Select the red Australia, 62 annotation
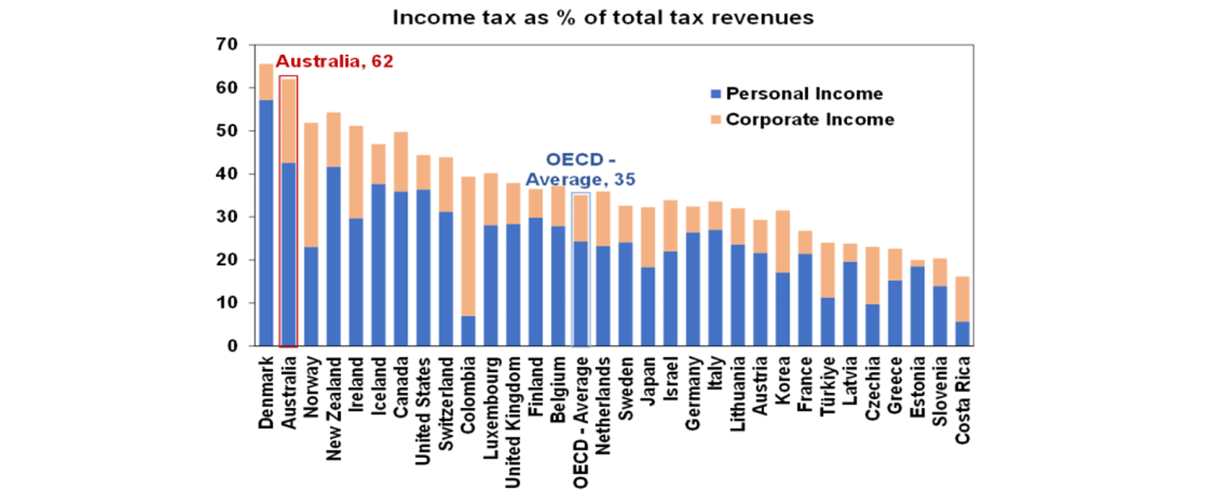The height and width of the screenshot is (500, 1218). (x=334, y=62)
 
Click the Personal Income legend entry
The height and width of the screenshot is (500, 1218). (x=803, y=94)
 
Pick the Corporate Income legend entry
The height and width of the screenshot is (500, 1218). (x=809, y=120)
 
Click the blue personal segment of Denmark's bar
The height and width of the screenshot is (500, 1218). (x=266, y=222)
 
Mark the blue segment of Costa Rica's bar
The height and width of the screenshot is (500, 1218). (x=963, y=334)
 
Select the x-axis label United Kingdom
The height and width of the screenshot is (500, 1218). (x=514, y=413)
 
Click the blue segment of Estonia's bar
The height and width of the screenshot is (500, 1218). (x=917, y=306)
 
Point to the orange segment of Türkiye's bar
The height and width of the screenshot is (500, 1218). (x=828, y=270)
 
